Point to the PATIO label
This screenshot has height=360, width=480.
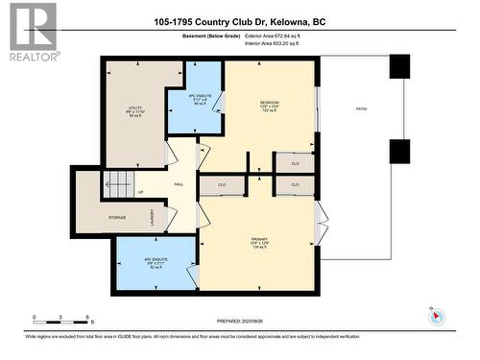pos(362,108)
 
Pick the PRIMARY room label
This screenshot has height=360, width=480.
pos(259,239)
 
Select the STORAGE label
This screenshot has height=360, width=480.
pos(117,218)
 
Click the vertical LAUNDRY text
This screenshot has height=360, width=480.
pos(152,219)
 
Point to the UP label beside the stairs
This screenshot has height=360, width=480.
pos(142,191)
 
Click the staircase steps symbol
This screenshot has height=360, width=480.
pos(116,180)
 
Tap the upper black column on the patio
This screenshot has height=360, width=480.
pos(399,66)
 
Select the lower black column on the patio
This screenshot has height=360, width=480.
pos(399,152)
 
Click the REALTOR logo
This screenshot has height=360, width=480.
pos(32,32)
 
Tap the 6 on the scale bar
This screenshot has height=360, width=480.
pos(89,316)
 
